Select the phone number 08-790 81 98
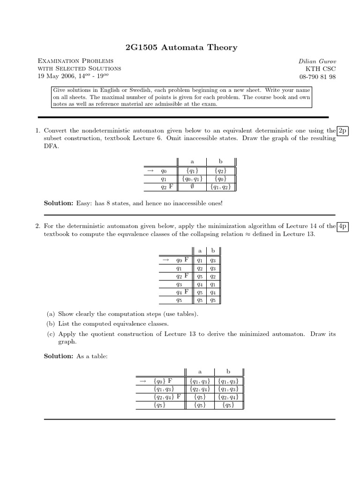317,77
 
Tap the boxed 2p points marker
344,130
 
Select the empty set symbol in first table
192,187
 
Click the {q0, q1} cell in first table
192,179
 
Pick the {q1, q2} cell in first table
220,187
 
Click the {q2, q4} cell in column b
228,396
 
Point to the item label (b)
50,323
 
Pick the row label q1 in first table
164,179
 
